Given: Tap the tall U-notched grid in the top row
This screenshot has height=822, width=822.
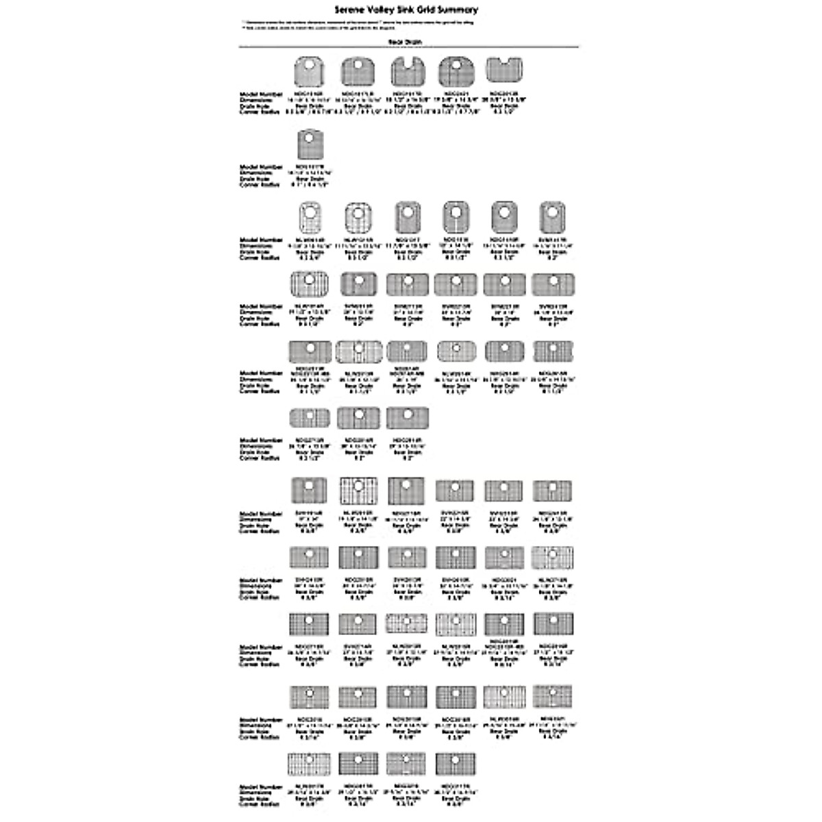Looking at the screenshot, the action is coord(407,71).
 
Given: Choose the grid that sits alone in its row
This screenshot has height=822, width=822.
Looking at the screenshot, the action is coord(309,145).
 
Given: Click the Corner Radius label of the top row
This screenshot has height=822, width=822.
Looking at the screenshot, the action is coord(260,112).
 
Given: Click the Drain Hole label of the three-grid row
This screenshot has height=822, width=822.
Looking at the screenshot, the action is coord(260,452).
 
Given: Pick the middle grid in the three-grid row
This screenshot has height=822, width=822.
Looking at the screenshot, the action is coord(358,419).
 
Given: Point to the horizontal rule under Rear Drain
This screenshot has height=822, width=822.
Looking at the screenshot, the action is coord(410,47).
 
